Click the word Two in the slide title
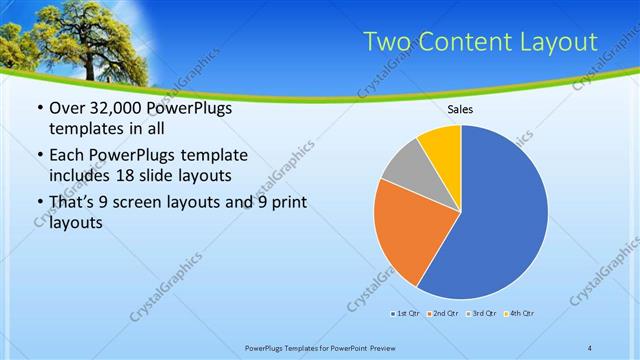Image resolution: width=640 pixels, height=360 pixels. tap(384, 42)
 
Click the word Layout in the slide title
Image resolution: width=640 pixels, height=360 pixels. tap(555, 42)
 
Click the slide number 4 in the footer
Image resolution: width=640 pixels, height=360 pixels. tap(590, 348)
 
